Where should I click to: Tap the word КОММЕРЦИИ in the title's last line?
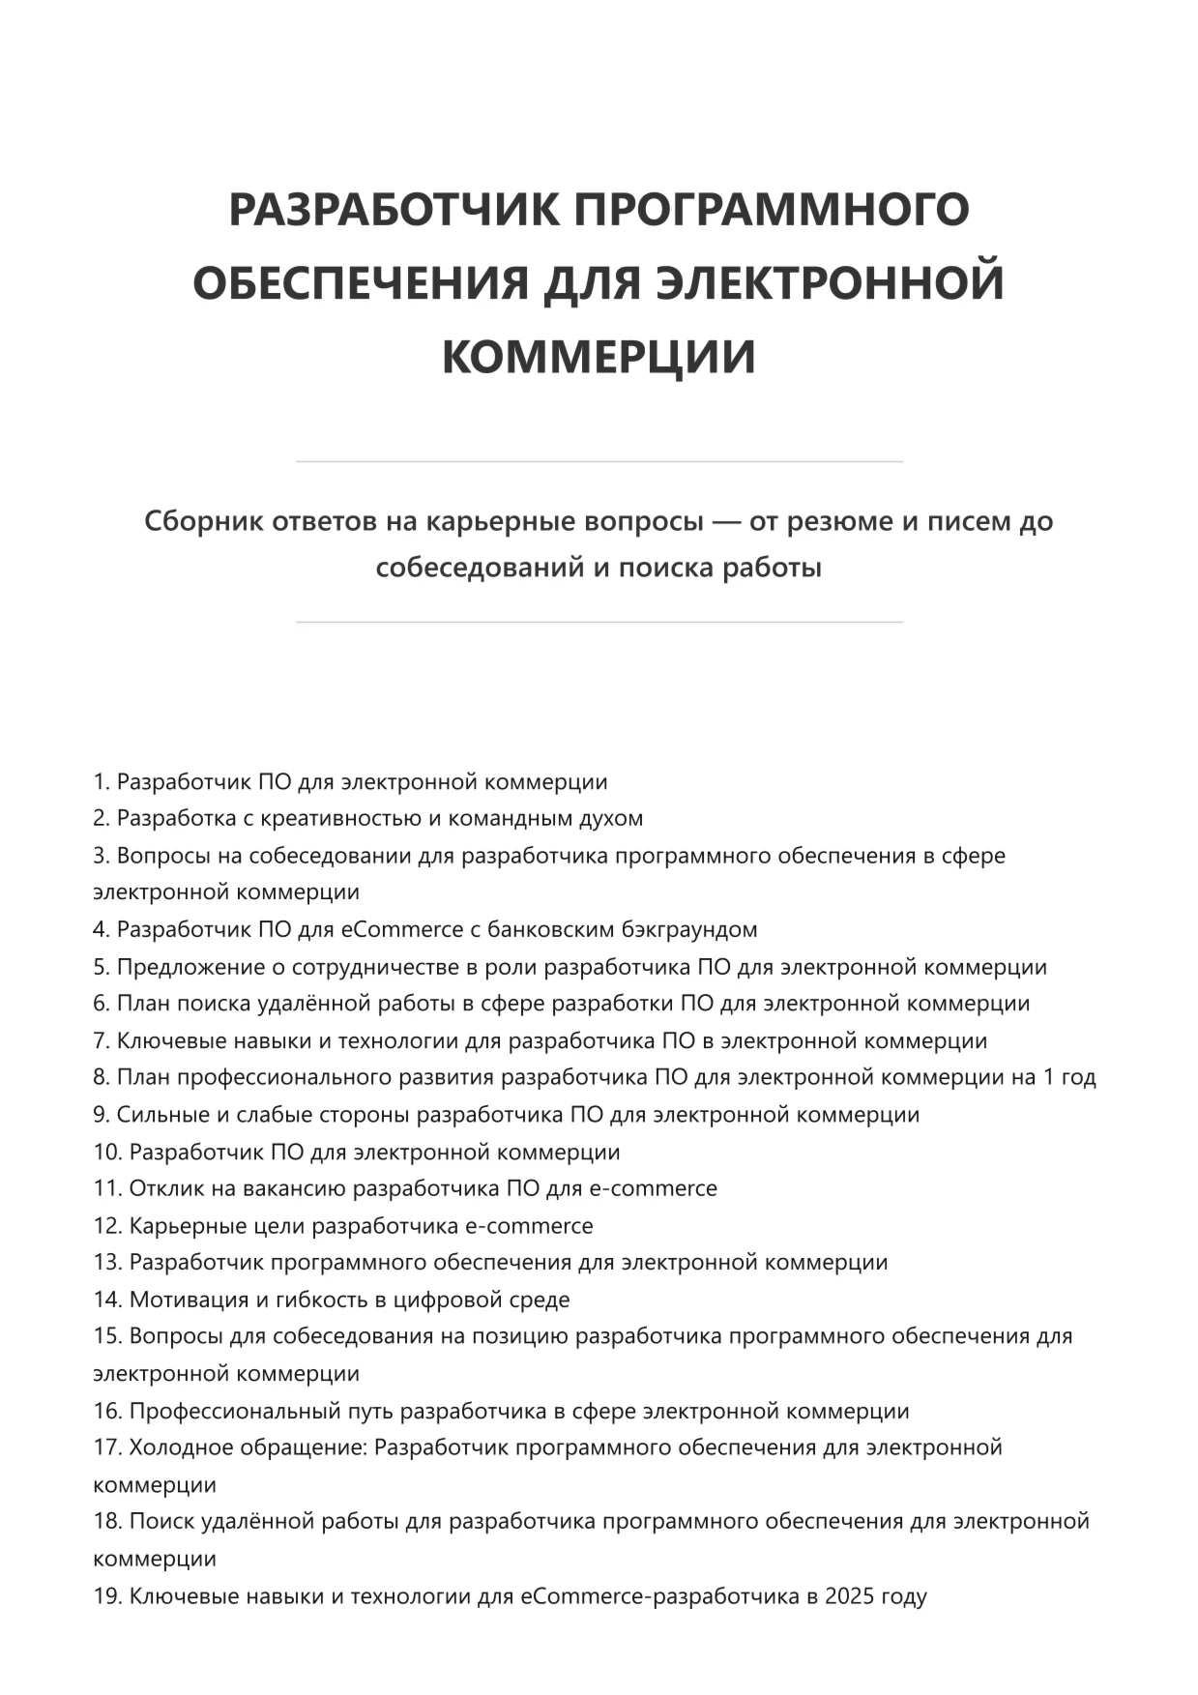pos(599,357)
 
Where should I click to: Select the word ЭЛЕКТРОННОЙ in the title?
pos(830,283)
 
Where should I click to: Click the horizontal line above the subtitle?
pos(599,462)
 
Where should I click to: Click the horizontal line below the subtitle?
pos(599,623)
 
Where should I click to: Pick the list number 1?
pos(102,782)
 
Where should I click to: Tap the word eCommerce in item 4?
pos(402,930)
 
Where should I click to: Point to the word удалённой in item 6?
pos(311,1004)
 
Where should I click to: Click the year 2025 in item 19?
pos(847,1595)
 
